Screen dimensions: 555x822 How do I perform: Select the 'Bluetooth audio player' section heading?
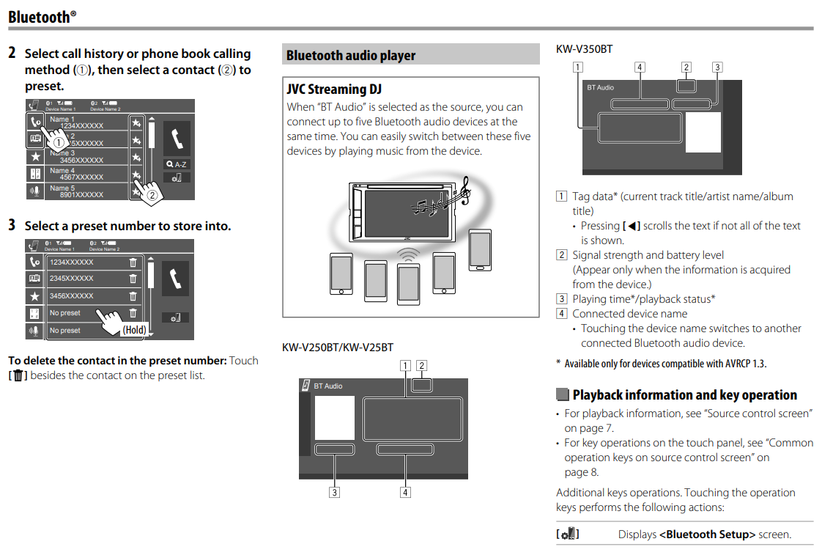point(351,56)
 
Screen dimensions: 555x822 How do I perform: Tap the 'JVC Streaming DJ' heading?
point(334,89)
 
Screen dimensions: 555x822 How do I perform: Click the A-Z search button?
point(177,164)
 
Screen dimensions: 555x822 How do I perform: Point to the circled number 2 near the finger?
point(152,195)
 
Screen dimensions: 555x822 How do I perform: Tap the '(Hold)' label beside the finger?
point(134,330)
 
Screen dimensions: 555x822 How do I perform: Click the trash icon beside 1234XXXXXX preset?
point(133,262)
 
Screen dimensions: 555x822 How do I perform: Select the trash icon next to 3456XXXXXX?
point(133,296)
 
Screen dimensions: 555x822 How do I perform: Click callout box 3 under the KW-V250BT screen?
point(334,493)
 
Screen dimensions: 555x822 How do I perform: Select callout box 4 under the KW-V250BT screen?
point(405,493)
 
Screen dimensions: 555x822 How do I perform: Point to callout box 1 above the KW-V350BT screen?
point(579,67)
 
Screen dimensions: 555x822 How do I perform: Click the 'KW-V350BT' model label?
point(584,49)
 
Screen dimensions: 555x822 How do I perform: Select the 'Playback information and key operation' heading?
point(684,395)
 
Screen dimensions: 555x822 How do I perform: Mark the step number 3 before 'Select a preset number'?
point(12,225)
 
